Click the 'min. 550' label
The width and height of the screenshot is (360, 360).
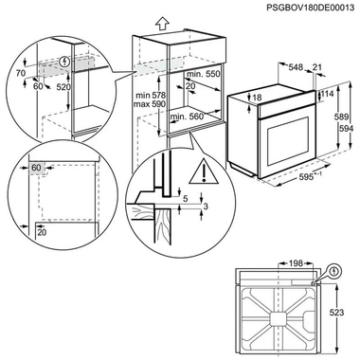click(202, 74)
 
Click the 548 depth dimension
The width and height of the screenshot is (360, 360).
click(296, 68)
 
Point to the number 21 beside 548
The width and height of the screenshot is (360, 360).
click(318, 68)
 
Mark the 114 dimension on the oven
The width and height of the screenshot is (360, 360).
click(328, 94)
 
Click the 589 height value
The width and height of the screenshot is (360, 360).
click(339, 116)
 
